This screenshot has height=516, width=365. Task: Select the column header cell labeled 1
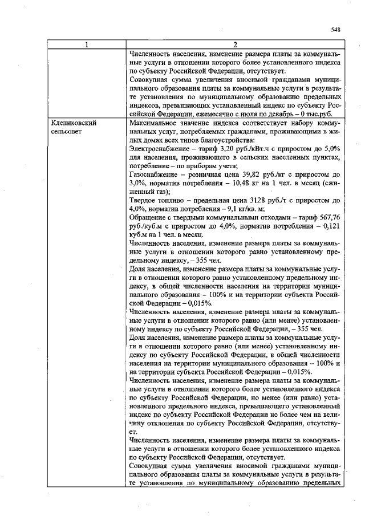pos(86,44)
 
